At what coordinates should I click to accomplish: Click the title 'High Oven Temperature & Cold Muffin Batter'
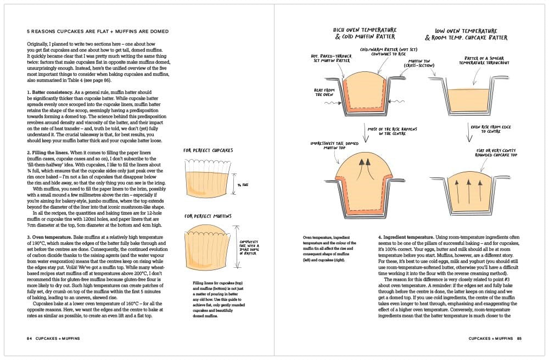point(361,33)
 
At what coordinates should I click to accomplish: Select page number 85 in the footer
point(518,339)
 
